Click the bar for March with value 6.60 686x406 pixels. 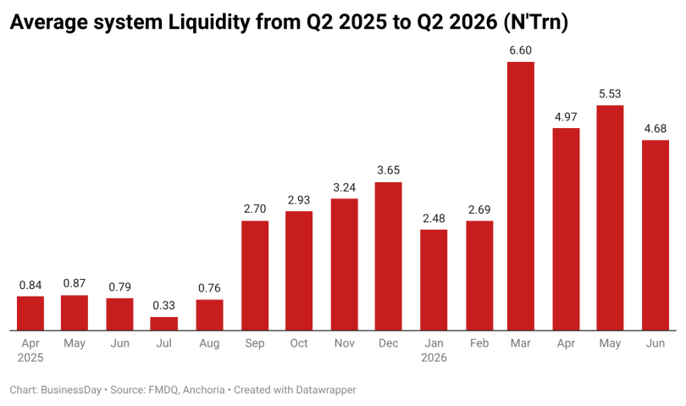(x=521, y=196)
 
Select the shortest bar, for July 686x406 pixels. (x=164, y=324)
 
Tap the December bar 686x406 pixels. (x=389, y=256)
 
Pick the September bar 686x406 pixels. (x=255, y=275)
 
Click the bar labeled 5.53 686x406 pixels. (x=610, y=218)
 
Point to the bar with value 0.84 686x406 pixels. (x=30, y=313)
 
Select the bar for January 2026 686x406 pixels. (x=434, y=280)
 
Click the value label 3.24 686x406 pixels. (x=345, y=187)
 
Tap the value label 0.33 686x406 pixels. (x=163, y=305)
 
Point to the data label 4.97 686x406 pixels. (x=566, y=117)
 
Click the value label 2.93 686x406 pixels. (x=299, y=200)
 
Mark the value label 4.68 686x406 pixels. (x=656, y=129)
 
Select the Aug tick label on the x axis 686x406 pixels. (x=209, y=343)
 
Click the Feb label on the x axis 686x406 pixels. (x=479, y=343)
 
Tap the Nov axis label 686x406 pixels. (x=345, y=343)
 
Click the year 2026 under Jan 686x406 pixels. (x=434, y=358)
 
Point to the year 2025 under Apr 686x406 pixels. (x=30, y=358)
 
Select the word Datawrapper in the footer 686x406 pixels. (x=326, y=390)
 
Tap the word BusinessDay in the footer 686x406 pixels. (x=71, y=390)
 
